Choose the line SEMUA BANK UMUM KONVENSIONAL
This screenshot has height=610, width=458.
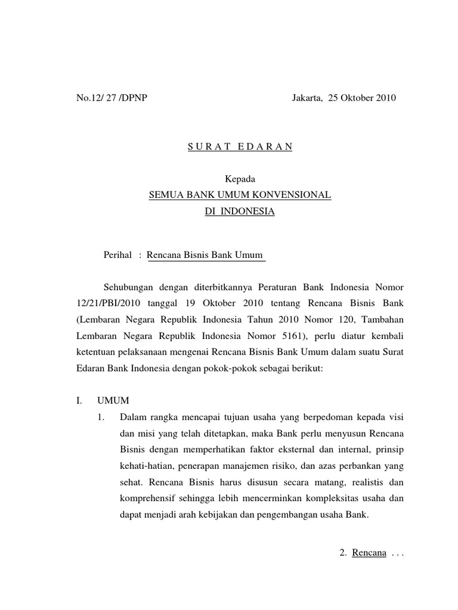[240, 195]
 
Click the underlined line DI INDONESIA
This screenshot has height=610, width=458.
[240, 211]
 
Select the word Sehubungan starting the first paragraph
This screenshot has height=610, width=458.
[128, 288]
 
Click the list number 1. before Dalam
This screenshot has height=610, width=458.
[101, 416]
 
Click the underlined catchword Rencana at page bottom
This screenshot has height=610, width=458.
[369, 553]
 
